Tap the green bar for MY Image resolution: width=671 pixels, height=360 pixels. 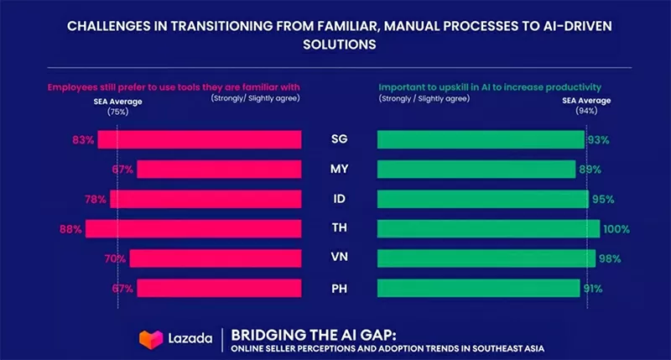point(476,170)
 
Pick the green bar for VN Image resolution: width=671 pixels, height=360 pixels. point(486,258)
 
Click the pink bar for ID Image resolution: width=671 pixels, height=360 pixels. point(205,199)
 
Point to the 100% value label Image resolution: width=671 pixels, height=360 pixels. point(616,229)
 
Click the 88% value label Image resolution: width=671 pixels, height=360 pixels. point(70,228)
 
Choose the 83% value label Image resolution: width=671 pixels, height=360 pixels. point(83,140)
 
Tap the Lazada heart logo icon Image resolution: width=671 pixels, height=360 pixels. point(151,338)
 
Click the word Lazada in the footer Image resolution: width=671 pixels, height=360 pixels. point(188,339)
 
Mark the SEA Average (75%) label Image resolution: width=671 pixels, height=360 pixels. point(116,105)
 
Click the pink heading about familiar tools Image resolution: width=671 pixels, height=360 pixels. point(173,86)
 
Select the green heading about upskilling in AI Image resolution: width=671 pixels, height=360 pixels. point(490,86)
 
